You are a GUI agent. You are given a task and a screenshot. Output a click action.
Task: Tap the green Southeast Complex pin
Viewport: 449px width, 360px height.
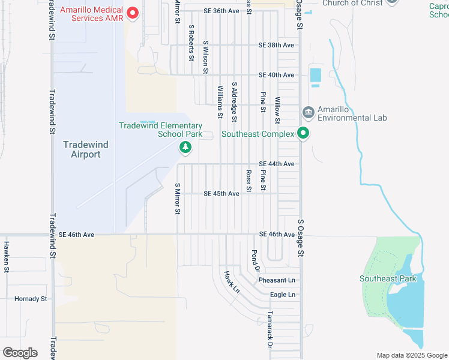(x=304, y=134)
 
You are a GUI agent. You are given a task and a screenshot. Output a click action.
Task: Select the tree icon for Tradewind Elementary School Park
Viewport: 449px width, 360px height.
(x=185, y=146)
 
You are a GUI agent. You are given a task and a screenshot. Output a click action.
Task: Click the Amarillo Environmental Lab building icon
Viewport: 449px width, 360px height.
(x=309, y=112)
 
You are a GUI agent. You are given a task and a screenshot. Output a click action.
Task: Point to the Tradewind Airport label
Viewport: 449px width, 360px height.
(x=82, y=149)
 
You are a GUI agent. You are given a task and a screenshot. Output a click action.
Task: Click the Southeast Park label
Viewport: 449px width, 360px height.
(x=388, y=278)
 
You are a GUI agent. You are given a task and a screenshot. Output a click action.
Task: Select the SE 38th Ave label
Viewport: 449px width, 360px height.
(x=276, y=45)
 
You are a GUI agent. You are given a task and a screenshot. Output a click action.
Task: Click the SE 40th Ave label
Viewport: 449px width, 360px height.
(x=276, y=75)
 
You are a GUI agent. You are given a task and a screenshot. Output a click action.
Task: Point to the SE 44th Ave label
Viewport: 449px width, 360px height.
(x=276, y=164)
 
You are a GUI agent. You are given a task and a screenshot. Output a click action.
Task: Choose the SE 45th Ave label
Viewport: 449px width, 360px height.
(x=221, y=194)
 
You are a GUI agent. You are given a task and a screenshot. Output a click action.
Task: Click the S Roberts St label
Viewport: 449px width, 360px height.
(x=191, y=43)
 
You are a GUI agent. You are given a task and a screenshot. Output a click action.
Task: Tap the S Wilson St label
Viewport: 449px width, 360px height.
(x=205, y=58)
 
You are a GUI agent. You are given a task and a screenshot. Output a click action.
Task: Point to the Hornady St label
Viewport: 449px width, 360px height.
(x=31, y=298)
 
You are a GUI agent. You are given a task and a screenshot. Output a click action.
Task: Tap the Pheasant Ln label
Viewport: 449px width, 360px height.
(x=277, y=280)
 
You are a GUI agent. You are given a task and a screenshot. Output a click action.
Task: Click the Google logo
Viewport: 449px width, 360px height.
(x=20, y=353)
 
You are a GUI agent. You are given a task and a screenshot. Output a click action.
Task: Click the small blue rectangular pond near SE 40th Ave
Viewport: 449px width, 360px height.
(x=316, y=76)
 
